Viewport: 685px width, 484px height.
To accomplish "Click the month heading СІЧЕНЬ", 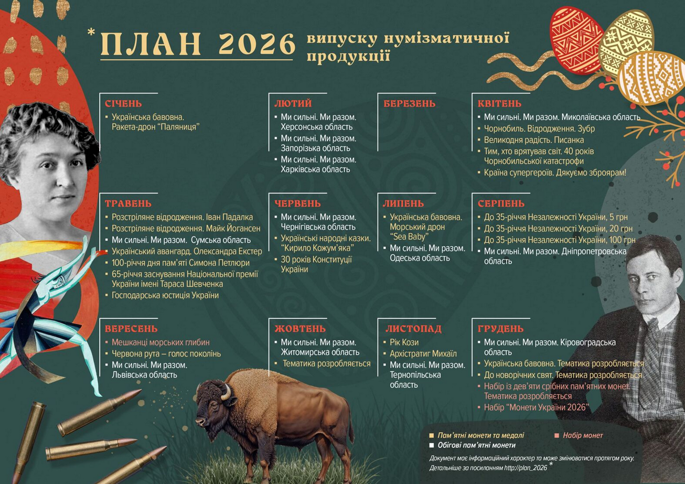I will click(123, 104).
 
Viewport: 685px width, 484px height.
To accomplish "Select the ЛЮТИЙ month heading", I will click(293, 104).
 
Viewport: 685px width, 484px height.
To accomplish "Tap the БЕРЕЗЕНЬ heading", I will click(409, 104).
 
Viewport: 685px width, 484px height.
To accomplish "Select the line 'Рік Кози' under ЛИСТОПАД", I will click(404, 342).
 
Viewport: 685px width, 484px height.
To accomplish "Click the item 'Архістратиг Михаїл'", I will click(423, 354).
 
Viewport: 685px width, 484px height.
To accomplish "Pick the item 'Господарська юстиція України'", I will click(165, 295).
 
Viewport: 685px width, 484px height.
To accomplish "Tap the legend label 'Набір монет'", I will click(583, 435).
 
